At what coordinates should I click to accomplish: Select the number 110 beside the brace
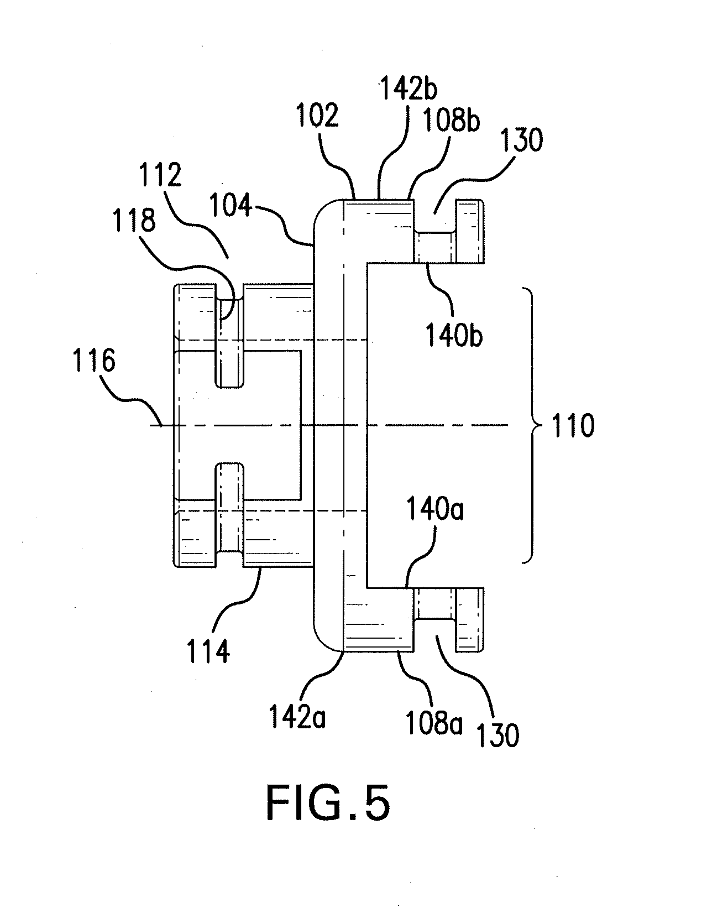pos(572,426)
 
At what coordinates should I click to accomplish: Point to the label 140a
pos(436,510)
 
